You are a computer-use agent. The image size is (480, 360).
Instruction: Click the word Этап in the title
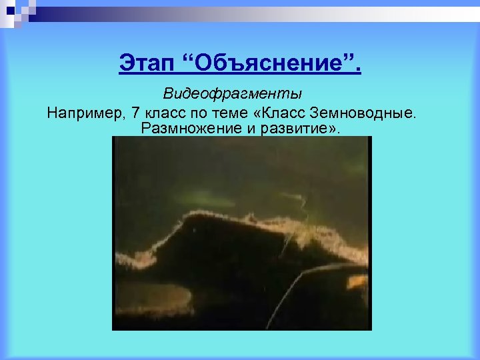click(147, 65)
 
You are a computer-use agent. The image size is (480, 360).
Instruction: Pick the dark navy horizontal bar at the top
click(267, 6)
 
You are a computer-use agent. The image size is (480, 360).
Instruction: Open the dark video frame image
click(241, 233)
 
